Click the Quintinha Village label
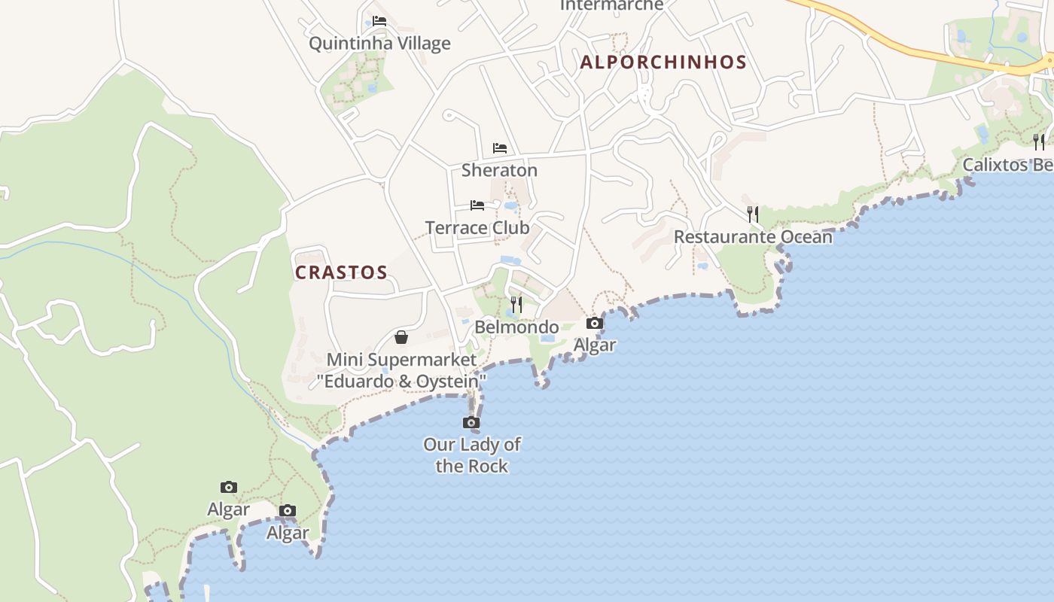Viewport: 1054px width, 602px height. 379,44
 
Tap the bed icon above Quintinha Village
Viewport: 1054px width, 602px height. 379,21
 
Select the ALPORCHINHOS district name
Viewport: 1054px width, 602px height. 663,62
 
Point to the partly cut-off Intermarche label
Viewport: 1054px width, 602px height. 612,5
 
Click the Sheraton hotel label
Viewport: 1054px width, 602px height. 499,171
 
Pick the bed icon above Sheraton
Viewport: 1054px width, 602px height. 500,147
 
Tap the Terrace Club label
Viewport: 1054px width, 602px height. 477,228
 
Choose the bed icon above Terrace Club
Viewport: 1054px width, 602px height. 477,205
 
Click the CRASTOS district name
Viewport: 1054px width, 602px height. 341,272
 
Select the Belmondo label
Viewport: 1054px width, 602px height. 516,327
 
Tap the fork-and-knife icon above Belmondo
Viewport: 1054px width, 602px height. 516,304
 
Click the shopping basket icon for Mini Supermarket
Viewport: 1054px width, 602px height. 401,336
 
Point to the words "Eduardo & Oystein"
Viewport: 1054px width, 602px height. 401,382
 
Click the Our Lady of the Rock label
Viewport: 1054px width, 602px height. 471,455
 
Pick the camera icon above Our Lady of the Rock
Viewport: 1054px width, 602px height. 471,422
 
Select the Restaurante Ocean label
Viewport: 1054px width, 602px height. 753,237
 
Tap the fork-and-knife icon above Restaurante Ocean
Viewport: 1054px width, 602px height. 753,214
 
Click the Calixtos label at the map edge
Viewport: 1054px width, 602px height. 1007,165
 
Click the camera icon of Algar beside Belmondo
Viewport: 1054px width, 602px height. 595,323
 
